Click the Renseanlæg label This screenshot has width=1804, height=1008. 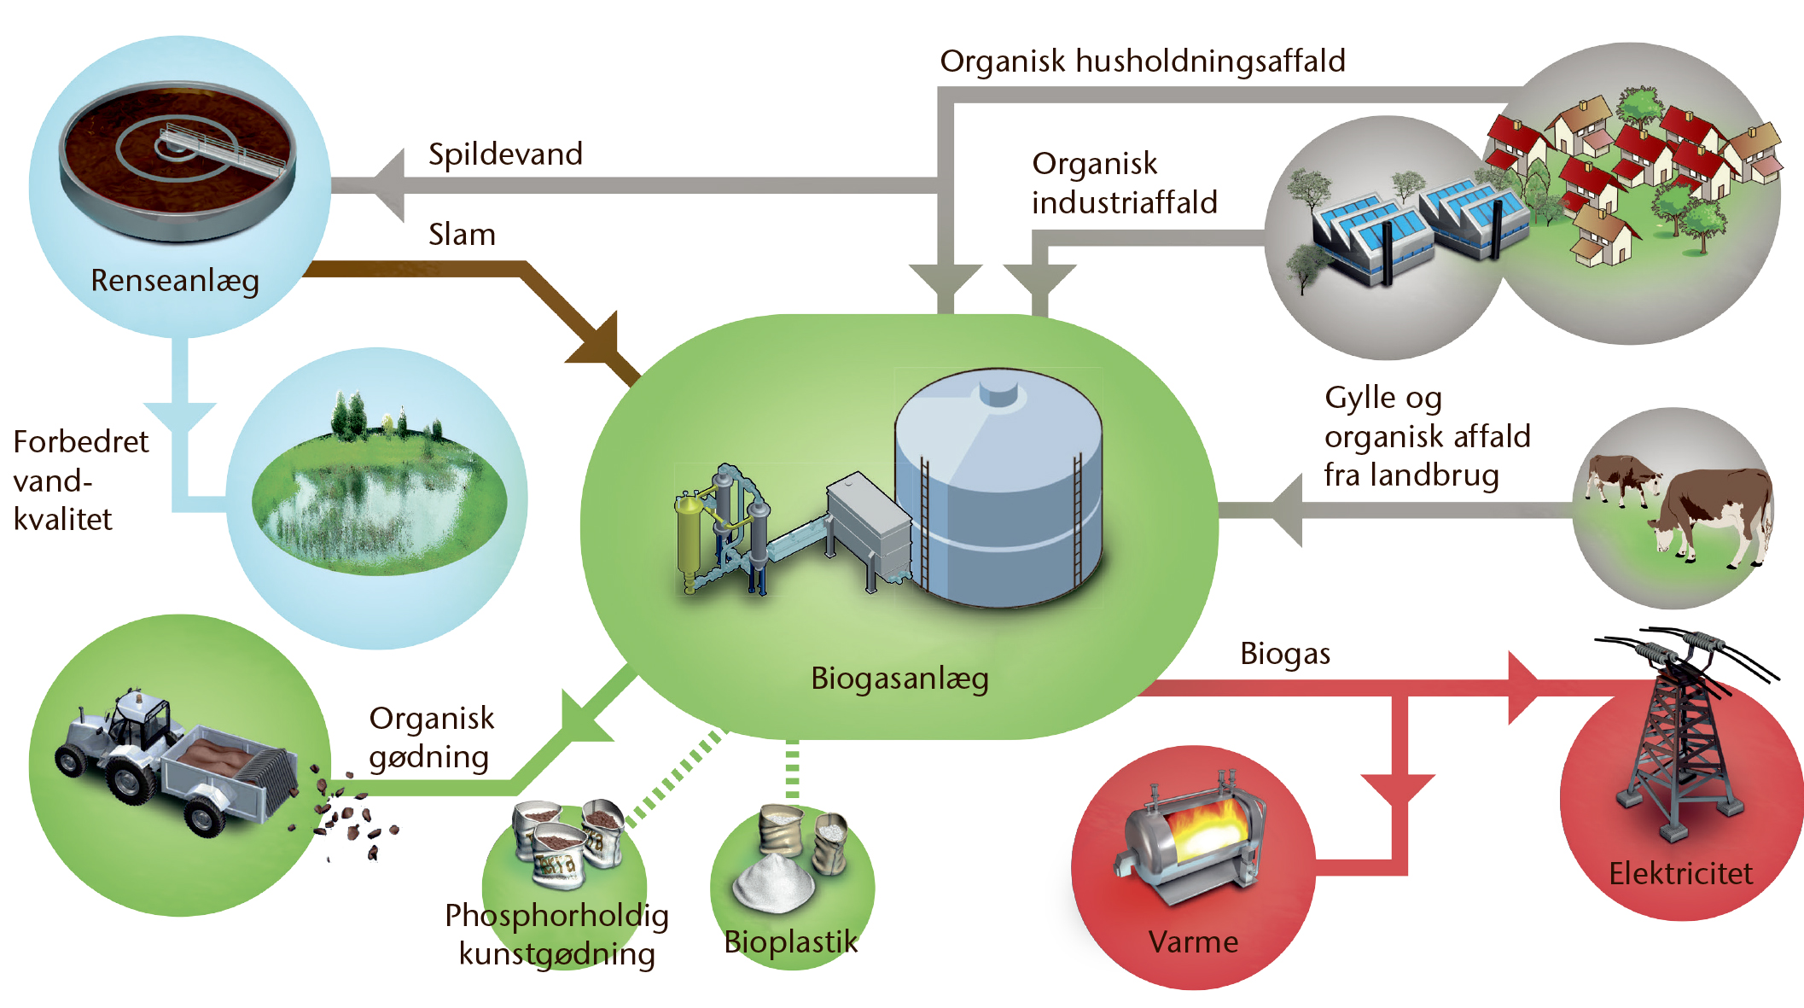pyautogui.click(x=175, y=281)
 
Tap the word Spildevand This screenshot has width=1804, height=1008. pyautogui.click(x=505, y=154)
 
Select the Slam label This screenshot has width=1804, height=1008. pyautogui.click(x=462, y=235)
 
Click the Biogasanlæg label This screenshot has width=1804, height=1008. pyautogui.click(x=899, y=679)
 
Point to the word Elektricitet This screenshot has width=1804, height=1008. pyautogui.click(x=1680, y=873)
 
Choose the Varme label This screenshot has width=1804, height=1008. pyautogui.click(x=1193, y=942)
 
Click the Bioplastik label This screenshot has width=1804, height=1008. pyautogui.click(x=790, y=942)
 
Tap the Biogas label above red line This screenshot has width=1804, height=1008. pyautogui.click(x=1285, y=655)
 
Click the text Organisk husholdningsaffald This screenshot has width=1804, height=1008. pyautogui.click(x=1143, y=61)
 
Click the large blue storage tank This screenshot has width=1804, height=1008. pyautogui.click(x=998, y=491)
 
